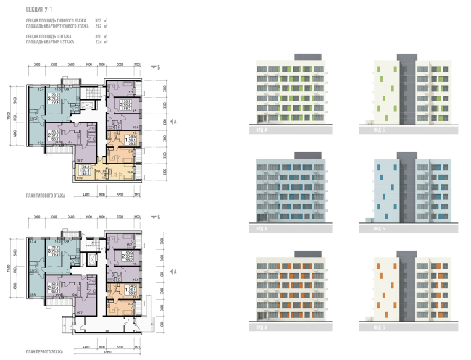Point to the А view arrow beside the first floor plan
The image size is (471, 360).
173,271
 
